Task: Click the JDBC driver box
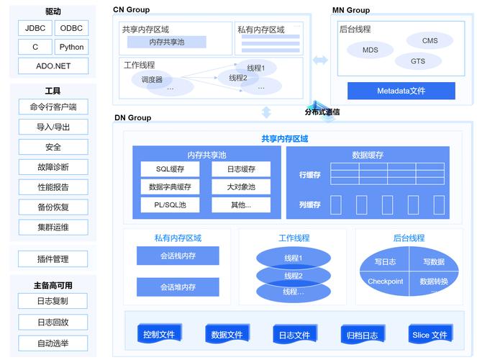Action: click(35, 28)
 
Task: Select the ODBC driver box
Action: click(71, 28)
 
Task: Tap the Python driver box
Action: click(71, 47)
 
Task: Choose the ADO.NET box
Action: click(53, 66)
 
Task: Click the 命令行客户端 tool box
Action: click(53, 107)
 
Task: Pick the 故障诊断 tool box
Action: click(53, 167)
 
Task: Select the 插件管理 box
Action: click(53, 259)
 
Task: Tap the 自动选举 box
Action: click(53, 343)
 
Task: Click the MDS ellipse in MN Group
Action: click(370, 50)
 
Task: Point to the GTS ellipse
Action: click(418, 61)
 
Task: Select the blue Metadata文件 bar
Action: click(401, 91)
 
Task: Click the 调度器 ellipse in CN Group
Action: click(152, 79)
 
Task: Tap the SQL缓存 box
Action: click(171, 169)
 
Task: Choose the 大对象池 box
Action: click(241, 187)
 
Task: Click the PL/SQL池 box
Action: click(171, 205)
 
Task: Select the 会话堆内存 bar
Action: click(178, 287)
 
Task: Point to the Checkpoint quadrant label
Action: click(385, 282)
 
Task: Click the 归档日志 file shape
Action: click(362, 335)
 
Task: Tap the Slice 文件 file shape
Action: click(430, 335)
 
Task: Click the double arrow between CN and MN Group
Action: click(319, 60)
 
